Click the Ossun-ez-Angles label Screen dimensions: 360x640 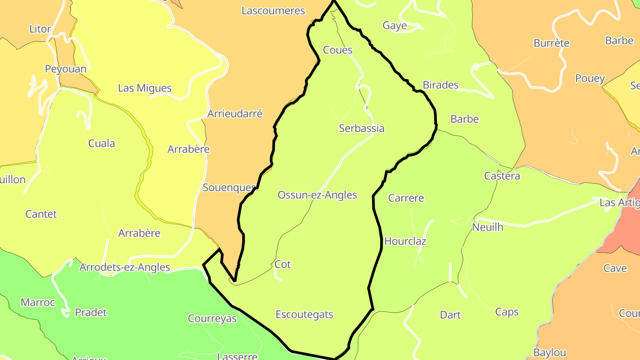(x=317, y=195)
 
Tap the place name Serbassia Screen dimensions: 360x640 (x=361, y=128)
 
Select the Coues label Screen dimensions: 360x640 (x=338, y=50)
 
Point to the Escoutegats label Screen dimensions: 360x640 (x=304, y=315)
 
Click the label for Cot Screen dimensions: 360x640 (x=283, y=264)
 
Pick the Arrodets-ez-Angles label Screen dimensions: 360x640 (x=125, y=267)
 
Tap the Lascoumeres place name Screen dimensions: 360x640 (x=273, y=11)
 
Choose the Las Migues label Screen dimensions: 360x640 (x=144, y=88)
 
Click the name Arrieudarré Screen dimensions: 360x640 (x=235, y=114)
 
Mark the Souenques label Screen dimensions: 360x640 (x=229, y=188)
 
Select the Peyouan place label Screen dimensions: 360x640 (x=66, y=69)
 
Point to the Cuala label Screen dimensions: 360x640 (x=102, y=144)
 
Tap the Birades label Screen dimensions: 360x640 (x=440, y=85)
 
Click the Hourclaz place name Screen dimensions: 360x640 (x=405, y=241)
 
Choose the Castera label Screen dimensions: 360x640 (x=502, y=176)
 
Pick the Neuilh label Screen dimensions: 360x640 (x=488, y=227)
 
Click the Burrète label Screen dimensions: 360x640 (x=552, y=44)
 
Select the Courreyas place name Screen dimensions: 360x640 (x=212, y=319)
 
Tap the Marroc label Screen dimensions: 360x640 (x=38, y=303)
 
